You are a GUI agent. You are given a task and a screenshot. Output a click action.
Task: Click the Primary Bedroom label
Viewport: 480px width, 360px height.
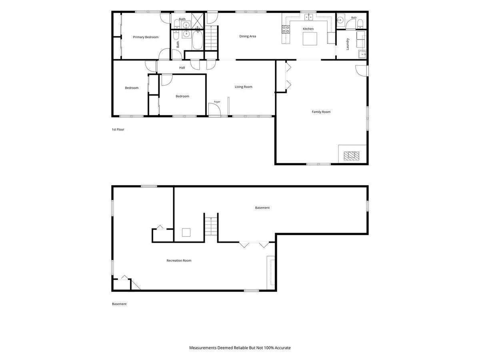tap(146, 37)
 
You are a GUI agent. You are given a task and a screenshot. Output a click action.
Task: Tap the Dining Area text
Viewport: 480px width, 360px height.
tap(248, 36)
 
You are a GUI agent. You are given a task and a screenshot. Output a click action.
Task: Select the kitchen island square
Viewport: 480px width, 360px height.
tap(310, 39)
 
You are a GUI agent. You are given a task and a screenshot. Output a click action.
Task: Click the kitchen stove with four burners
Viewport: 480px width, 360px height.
tap(286, 29)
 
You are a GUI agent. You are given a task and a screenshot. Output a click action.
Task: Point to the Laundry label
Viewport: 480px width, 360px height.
tap(348, 44)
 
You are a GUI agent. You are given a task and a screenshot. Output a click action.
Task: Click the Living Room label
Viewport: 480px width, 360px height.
tap(243, 87)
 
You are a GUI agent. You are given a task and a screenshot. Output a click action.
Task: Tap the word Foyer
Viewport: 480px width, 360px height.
tap(217, 102)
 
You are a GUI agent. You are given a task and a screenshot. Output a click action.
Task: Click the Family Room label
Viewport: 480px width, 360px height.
tap(321, 112)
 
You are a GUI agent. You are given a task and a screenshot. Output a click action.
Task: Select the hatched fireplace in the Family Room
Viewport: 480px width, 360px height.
tap(352, 156)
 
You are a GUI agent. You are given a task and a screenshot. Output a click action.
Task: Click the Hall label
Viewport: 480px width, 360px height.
tap(182, 68)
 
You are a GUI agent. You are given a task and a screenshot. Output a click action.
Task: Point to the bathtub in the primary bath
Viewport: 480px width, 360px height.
tap(197, 40)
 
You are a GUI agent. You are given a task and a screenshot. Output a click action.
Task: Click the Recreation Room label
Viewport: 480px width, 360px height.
tap(179, 260)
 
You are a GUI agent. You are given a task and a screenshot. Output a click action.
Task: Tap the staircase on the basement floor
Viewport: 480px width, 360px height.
tap(211, 226)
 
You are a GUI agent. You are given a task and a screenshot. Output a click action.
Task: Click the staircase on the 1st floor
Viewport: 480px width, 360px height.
tap(211, 38)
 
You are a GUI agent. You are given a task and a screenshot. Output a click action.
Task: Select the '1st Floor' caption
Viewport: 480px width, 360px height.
tap(118, 129)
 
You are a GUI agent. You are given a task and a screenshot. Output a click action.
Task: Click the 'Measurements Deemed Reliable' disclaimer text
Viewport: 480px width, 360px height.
tap(240, 348)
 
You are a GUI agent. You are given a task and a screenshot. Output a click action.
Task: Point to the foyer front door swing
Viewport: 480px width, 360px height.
tap(214, 109)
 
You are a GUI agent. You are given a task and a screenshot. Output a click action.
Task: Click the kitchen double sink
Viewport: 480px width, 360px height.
tap(309, 17)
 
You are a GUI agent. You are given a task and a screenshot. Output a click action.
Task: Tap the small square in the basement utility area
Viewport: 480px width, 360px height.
tap(186, 232)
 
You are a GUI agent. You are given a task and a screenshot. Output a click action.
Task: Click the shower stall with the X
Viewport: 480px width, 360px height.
tap(198, 21)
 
